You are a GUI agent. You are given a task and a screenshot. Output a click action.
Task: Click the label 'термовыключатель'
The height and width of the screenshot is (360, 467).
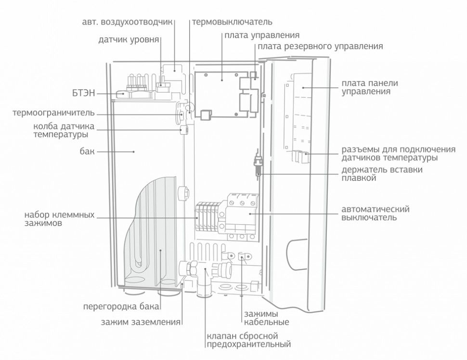coord(232,22)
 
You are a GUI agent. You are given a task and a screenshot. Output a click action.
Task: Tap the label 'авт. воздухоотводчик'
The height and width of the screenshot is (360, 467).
coord(127,22)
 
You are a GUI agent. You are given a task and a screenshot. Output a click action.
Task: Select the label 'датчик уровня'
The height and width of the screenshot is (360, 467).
coord(129,40)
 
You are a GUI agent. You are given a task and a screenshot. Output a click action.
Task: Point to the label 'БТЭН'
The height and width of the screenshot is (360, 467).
coord(83,93)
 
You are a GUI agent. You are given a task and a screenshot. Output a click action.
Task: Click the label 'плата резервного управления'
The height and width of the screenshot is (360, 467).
coord(320,46)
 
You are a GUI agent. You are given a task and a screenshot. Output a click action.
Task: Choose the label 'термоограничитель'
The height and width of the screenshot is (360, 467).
coord(53,113)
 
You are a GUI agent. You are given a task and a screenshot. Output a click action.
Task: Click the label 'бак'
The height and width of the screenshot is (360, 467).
coord(87,151)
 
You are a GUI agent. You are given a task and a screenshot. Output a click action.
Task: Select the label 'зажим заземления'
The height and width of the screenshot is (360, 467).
coord(141,322)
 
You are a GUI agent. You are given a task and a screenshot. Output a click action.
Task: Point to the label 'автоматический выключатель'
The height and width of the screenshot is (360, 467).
coord(375,213)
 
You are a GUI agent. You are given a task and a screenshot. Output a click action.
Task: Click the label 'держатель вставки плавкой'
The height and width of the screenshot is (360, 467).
coord(382,174)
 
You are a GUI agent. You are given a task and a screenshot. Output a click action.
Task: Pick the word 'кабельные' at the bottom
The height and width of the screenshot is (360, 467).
coord(267,322)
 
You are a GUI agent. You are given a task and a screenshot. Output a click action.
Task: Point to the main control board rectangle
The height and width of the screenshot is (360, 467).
coord(222,94)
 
